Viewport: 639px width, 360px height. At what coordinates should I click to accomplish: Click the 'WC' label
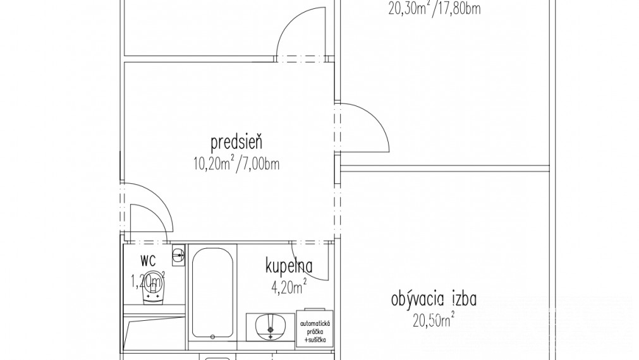pos(147,260)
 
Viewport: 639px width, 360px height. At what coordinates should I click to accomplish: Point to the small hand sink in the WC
pos(180,255)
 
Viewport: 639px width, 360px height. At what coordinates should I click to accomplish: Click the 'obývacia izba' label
pos(434,299)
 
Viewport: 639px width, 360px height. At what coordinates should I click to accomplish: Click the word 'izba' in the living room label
pos(465,299)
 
